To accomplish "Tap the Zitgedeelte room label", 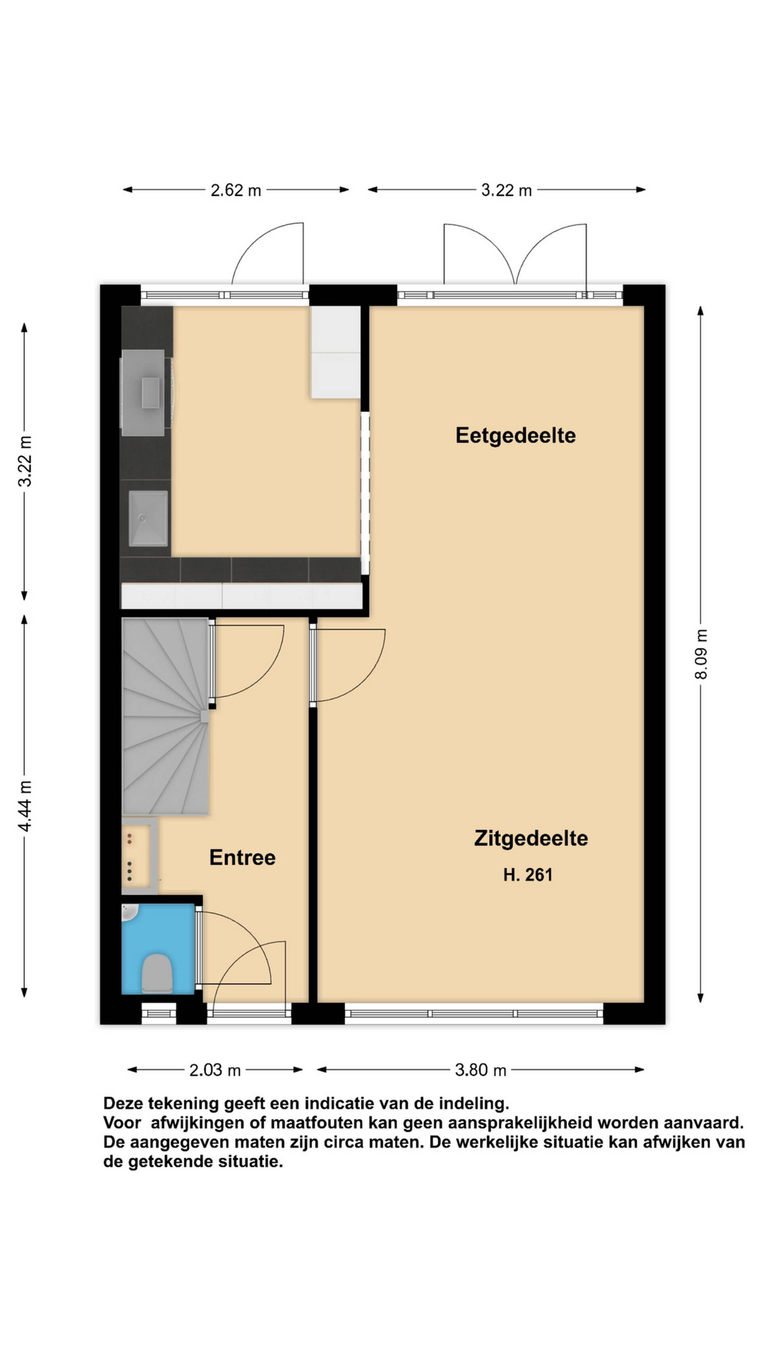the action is click(x=531, y=838).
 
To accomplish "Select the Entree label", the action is click(x=242, y=857).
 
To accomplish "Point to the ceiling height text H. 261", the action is click(x=527, y=875).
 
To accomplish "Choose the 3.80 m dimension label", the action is click(x=480, y=1070).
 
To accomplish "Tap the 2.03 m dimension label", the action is click(x=215, y=1070).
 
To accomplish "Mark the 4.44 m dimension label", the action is click(x=25, y=806).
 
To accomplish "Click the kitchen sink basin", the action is click(x=148, y=518).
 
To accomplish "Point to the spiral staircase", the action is click(x=165, y=716).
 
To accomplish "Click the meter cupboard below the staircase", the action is click(x=139, y=856).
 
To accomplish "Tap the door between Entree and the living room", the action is click(x=348, y=665).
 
